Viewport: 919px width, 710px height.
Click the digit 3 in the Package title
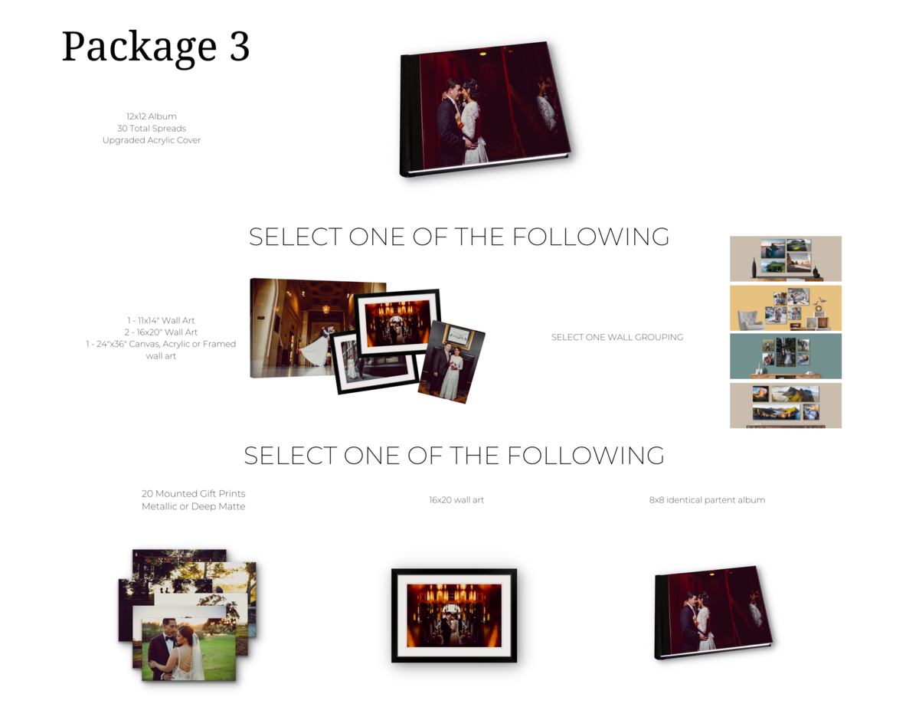pyautogui.click(x=240, y=46)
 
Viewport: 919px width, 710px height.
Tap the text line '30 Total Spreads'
pyautogui.click(x=152, y=128)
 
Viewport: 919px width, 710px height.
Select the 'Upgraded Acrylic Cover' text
pyautogui.click(x=152, y=140)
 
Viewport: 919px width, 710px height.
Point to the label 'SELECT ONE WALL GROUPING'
pyautogui.click(x=617, y=337)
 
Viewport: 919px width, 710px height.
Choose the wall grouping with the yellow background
pyautogui.click(x=785, y=308)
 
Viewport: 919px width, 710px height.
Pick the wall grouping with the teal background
pyautogui.click(x=785, y=356)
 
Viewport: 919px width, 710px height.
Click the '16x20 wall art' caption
pyautogui.click(x=456, y=500)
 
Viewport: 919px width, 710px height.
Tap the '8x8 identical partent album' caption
pyautogui.click(x=707, y=500)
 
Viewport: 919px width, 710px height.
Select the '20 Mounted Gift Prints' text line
pyautogui.click(x=193, y=493)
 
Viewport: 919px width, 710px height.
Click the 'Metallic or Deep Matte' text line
pyautogui.click(x=193, y=506)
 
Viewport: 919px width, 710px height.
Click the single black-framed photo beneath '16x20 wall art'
pyautogui.click(x=454, y=615)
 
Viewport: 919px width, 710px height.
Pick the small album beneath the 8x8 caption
pyautogui.click(x=714, y=612)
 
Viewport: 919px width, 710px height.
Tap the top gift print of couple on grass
pyautogui.click(x=188, y=649)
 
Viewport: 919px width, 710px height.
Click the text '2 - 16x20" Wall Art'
pyautogui.click(x=161, y=332)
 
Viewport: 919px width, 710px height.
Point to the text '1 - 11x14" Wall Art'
pyautogui.click(x=161, y=320)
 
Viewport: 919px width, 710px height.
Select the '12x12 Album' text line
pyautogui.click(x=152, y=116)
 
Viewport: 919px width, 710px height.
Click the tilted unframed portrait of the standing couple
pyautogui.click(x=451, y=362)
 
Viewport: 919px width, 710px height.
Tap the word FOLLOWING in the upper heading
pyautogui.click(x=590, y=237)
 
